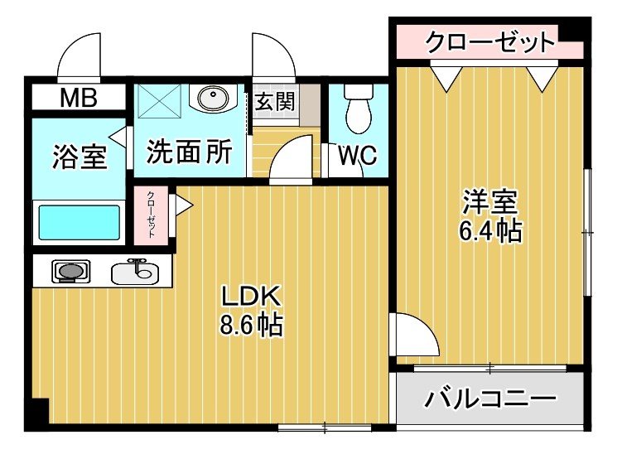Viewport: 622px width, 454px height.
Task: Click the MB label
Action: pyautogui.click(x=79, y=98)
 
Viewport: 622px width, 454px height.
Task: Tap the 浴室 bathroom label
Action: pyautogui.click(x=80, y=157)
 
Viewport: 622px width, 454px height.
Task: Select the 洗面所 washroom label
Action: pyautogui.click(x=189, y=152)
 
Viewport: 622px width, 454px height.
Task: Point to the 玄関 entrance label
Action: pyautogui.click(x=275, y=102)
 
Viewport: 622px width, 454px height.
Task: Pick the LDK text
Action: pyautogui.click(x=252, y=297)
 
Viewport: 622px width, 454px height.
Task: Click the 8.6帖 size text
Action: pyautogui.click(x=252, y=325)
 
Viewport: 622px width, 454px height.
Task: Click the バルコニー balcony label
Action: pyautogui.click(x=490, y=400)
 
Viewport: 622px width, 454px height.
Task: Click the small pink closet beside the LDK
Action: pyautogui.click(x=152, y=215)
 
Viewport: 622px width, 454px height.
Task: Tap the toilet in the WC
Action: pyautogui.click(x=359, y=113)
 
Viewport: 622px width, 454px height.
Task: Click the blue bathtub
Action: pyautogui.click(x=80, y=222)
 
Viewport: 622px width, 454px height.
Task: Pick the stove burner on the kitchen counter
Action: pyautogui.click(x=70, y=270)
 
